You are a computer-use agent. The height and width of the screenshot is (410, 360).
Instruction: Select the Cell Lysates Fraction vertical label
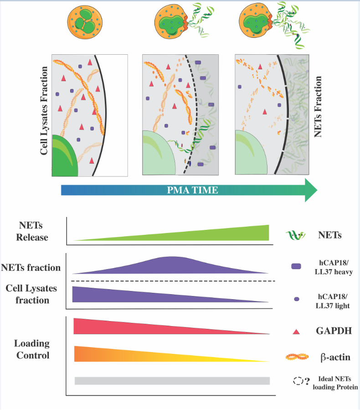(44, 110)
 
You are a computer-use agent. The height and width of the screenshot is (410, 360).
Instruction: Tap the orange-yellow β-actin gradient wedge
(137, 354)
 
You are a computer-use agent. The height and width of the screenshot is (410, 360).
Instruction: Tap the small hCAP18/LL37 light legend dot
(297, 299)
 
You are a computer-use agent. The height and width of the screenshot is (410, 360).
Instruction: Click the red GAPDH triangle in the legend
(296, 331)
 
